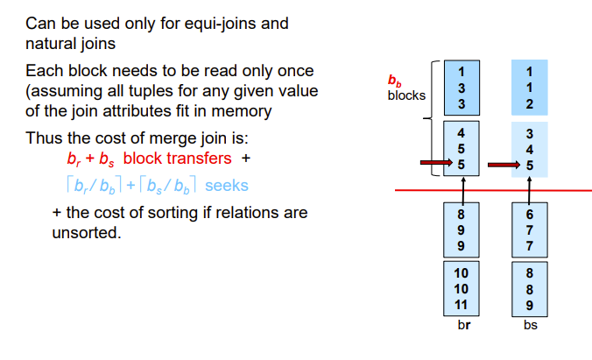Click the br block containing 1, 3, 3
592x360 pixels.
click(462, 86)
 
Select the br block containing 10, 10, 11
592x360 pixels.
click(462, 288)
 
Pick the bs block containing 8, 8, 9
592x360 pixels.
click(529, 288)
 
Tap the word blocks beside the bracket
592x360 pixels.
click(406, 95)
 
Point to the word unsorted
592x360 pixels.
click(86, 233)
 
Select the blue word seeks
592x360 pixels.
click(227, 186)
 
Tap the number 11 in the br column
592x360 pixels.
click(462, 304)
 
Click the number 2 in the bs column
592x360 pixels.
click(529, 103)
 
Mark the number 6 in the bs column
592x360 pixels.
click(529, 214)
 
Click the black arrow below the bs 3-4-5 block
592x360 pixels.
click(529, 188)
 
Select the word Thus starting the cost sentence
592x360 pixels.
click(43, 138)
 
